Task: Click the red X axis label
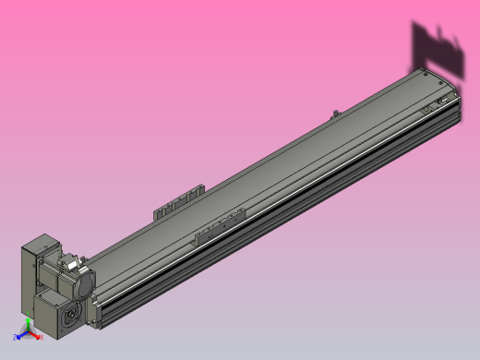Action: pyautogui.click(x=42, y=338)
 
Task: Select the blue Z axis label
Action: pyautogui.click(x=15, y=338)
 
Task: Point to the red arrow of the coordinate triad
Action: pyautogui.click(x=36, y=336)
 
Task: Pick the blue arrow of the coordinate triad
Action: pyautogui.click(x=20, y=335)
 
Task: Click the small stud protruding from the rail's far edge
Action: pyautogui.click(x=333, y=113)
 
